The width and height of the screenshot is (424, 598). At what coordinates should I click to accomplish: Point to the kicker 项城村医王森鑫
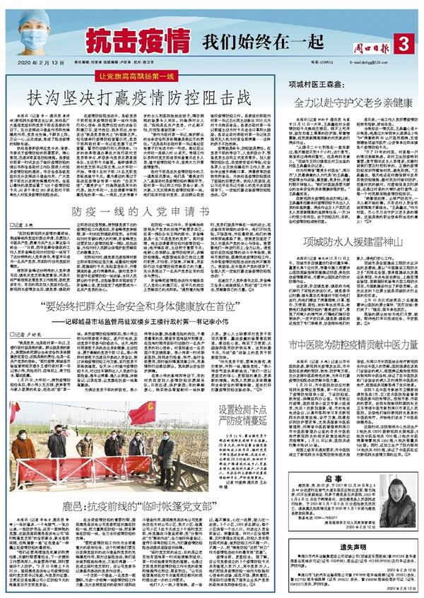coord(311,82)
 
